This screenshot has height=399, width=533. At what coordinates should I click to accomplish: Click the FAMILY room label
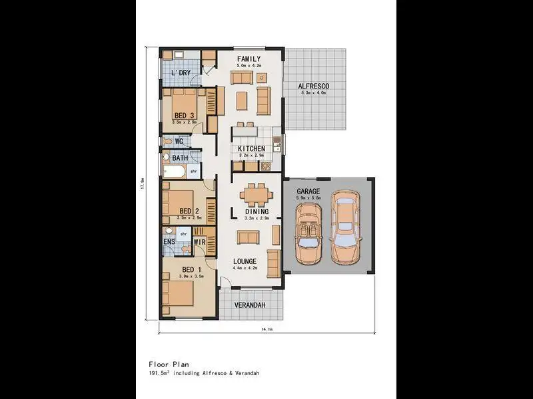249,59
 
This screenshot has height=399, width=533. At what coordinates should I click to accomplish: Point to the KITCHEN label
252,148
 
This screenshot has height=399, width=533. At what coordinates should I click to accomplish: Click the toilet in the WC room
167,141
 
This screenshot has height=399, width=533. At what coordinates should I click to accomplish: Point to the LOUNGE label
245,261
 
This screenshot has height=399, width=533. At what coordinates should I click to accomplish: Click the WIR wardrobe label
199,242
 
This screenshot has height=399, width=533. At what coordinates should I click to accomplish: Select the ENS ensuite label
169,242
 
